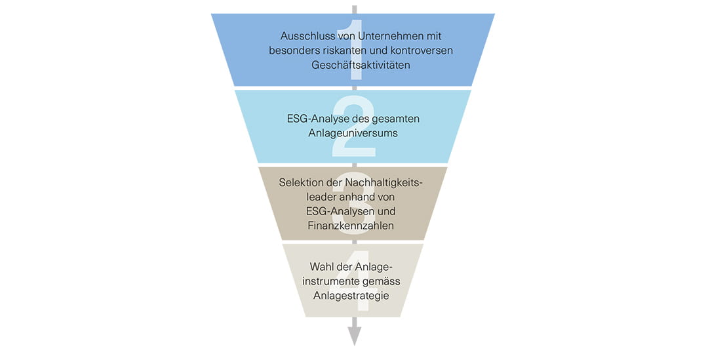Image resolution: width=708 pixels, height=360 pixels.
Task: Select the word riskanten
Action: click(351, 50)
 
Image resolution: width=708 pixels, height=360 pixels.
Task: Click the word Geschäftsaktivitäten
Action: click(353, 66)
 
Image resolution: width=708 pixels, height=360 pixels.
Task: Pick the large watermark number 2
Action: click(353, 127)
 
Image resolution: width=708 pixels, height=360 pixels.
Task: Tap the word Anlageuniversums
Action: click(353, 134)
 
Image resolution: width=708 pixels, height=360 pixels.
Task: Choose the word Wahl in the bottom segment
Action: click(322, 267)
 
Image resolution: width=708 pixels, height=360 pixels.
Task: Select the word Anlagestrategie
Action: click(353, 296)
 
